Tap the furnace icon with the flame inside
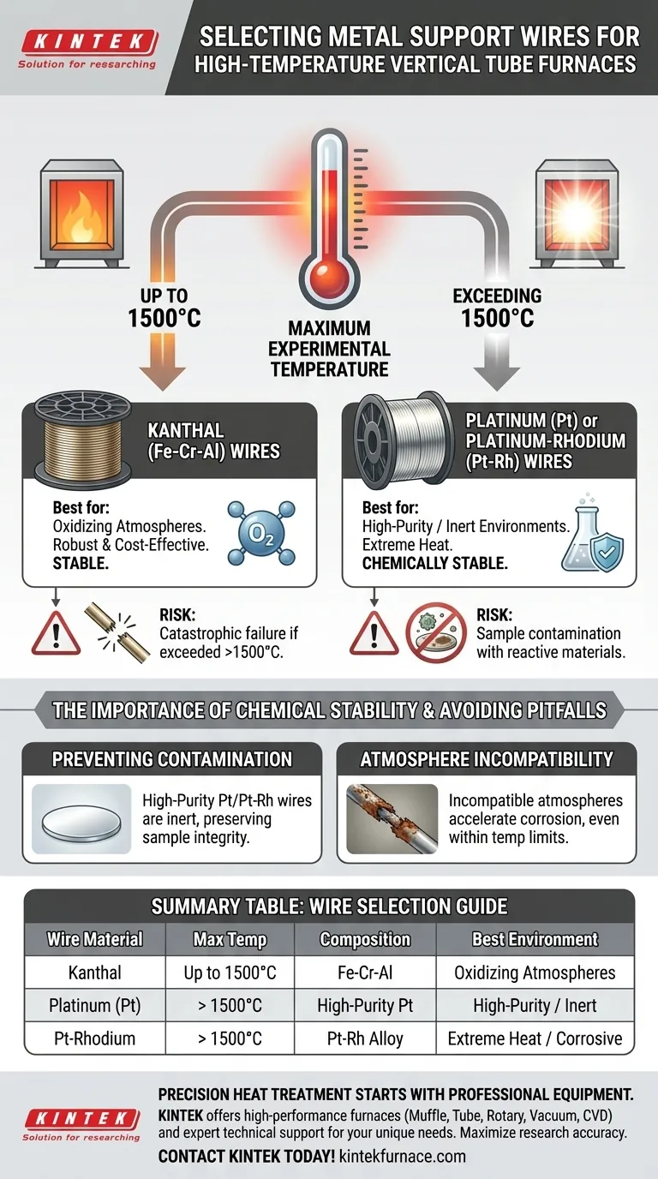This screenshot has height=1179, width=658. (81, 213)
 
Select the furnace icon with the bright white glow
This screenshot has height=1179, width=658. (576, 213)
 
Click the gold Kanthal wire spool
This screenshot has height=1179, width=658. (82, 436)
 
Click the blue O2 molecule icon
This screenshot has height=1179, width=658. (261, 533)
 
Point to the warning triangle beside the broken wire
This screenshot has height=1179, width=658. (56, 634)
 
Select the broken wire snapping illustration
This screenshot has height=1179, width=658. (117, 633)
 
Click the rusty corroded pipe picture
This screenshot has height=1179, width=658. (392, 819)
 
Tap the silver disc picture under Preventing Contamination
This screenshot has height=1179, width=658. (81, 819)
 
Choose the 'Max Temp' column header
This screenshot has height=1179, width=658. (230, 939)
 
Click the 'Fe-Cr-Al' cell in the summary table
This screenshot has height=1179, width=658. (365, 973)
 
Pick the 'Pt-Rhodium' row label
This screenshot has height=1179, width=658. (95, 1038)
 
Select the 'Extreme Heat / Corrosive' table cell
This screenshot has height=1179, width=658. (535, 1038)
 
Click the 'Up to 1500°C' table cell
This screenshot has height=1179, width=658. (230, 973)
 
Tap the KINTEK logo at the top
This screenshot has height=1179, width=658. (88, 49)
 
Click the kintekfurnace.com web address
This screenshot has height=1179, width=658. (403, 1157)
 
